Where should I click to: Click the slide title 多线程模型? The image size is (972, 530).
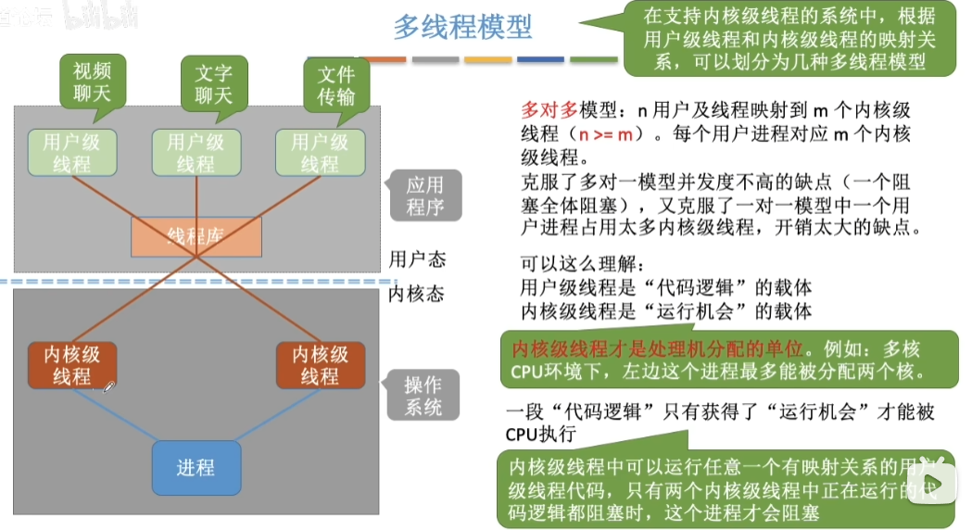pos(462,27)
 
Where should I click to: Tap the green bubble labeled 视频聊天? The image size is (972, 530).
pos(93,82)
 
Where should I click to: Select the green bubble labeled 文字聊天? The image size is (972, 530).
pos(214,82)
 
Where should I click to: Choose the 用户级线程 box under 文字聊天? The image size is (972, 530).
pos(196,153)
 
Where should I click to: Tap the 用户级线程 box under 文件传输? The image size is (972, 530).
pos(320,153)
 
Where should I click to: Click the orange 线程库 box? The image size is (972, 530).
pos(196,236)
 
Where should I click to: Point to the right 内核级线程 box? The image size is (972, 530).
pos(320,365)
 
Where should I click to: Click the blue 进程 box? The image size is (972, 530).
pos(196,467)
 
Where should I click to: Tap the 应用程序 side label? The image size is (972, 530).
pos(424,196)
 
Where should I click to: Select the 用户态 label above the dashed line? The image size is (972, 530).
pos(417,259)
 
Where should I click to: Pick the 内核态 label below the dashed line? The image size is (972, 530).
pos(417,294)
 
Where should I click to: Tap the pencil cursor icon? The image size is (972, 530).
pos(108,386)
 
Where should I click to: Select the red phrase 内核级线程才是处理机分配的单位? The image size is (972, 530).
pos(657,349)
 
